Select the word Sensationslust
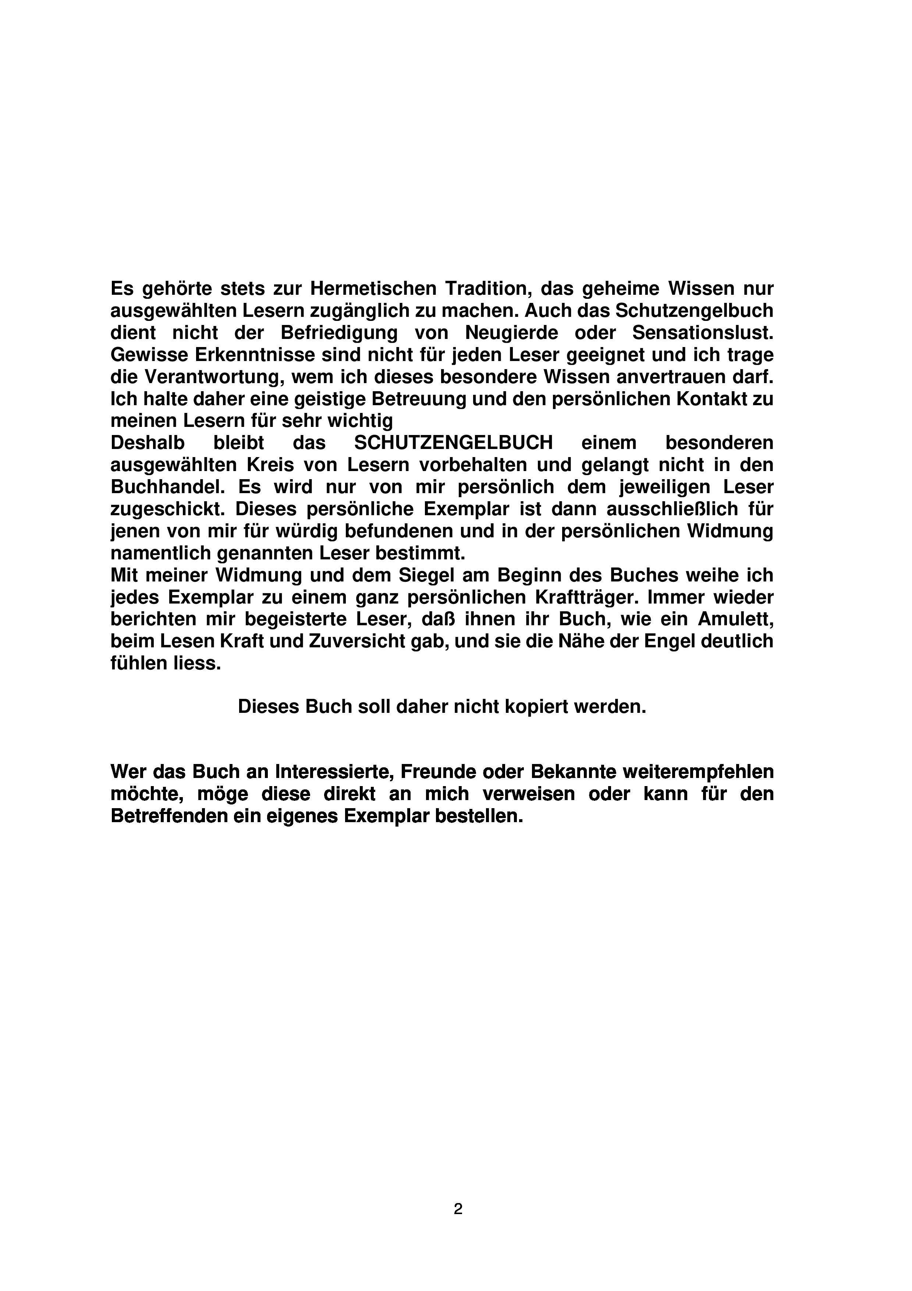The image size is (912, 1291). [702, 333]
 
